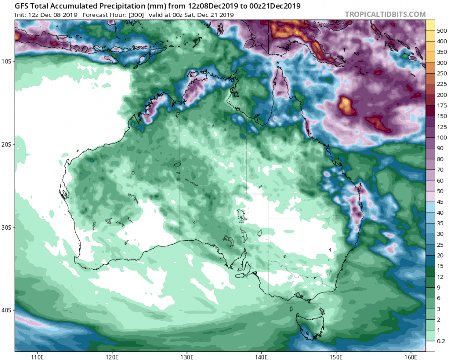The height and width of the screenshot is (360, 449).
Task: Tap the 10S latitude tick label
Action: [7, 61]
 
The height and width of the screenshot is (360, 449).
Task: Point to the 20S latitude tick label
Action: [7, 144]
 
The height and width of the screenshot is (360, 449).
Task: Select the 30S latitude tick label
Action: [7, 227]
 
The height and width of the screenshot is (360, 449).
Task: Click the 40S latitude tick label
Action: [7, 310]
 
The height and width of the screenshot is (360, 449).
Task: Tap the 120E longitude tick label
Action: [112, 357]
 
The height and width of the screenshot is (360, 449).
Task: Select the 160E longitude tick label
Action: [411, 357]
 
